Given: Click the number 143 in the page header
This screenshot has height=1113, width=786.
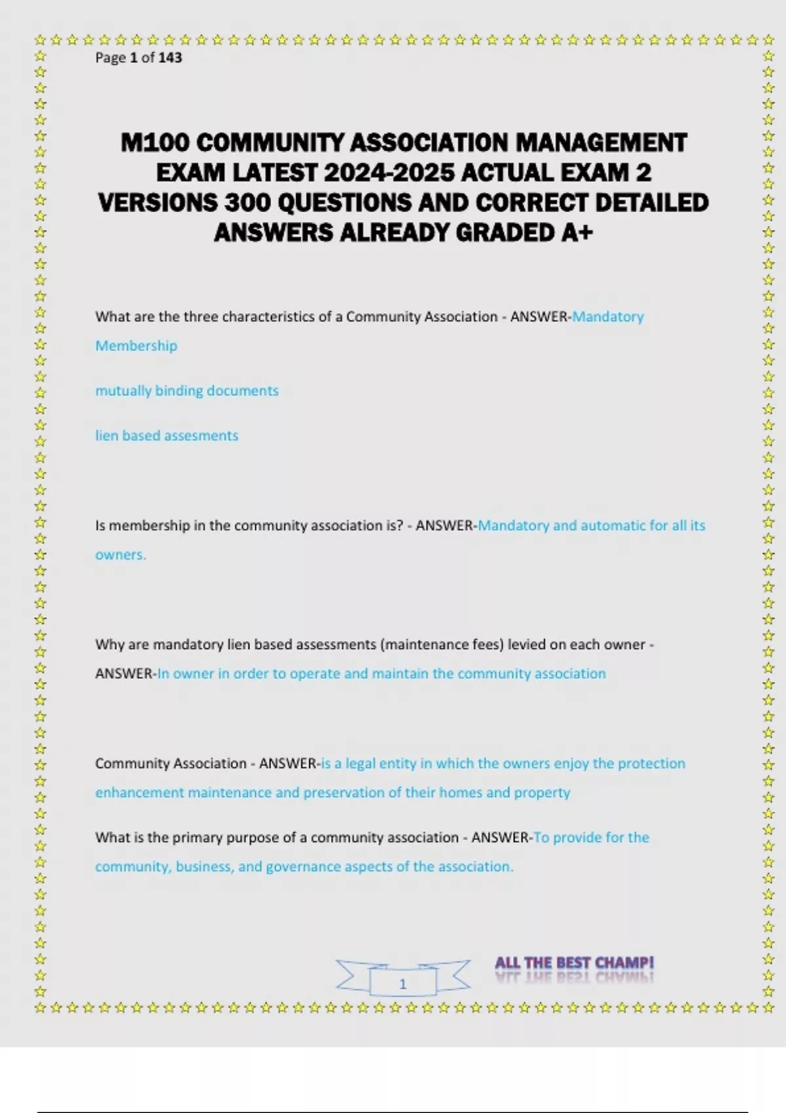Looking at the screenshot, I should pos(170,58).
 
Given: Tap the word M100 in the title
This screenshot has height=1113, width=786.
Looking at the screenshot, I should pos(155,143).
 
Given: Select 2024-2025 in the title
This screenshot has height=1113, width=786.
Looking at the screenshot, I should pos(389,173).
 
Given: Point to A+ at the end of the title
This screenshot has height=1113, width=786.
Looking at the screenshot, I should pos(577,233).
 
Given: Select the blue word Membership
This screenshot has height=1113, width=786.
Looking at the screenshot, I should pos(136,346).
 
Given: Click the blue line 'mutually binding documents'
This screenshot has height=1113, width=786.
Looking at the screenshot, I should pos(187,391).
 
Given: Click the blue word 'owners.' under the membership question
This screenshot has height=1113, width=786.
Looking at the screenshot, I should pos(121,555).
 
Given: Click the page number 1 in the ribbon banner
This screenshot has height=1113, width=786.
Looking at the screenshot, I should pos(403,983).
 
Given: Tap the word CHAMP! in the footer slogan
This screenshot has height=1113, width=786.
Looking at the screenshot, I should pos(624,963).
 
